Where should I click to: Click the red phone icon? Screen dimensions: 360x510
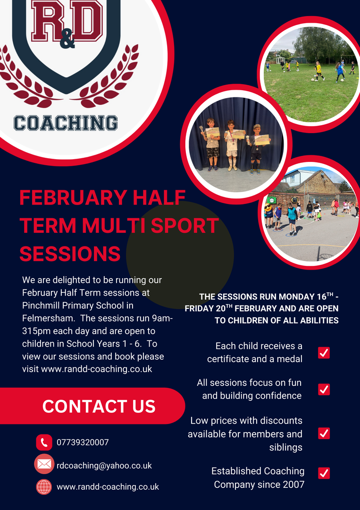(44, 442)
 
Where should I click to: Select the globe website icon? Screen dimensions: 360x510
(44, 487)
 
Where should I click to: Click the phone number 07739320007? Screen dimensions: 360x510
(83, 442)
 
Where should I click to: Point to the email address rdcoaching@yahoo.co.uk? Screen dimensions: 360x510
(104, 466)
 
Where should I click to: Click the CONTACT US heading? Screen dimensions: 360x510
(99, 406)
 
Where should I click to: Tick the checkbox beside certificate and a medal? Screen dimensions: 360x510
(324, 353)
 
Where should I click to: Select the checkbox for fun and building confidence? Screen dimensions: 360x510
(324, 389)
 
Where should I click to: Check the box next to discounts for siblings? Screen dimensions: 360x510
(324, 433)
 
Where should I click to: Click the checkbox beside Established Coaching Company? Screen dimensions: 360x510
(324, 473)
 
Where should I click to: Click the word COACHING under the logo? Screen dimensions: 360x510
(66, 123)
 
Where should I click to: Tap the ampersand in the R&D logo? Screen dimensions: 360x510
(67, 40)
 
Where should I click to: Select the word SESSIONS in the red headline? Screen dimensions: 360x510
(70, 254)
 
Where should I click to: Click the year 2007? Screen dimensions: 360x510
(293, 484)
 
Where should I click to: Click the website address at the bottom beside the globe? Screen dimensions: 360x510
(108, 487)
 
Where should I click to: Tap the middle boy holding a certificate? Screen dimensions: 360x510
(232, 145)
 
